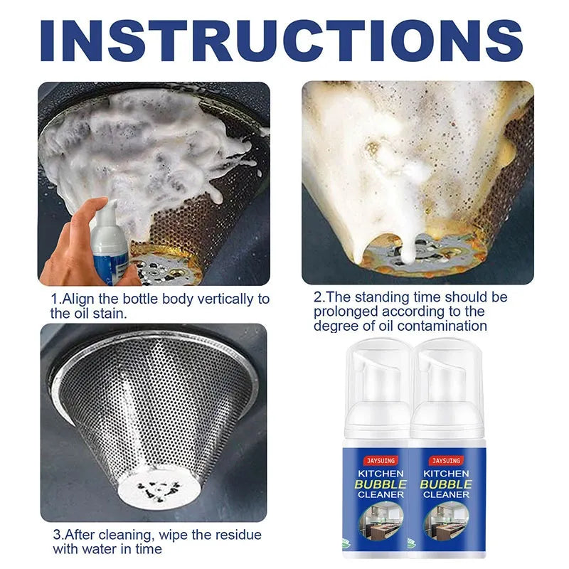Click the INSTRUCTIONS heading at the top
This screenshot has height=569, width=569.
click(x=281, y=41)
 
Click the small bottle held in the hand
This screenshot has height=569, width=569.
click(x=109, y=243)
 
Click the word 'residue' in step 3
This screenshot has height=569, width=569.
click(x=238, y=535)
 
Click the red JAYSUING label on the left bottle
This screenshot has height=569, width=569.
click(x=381, y=460)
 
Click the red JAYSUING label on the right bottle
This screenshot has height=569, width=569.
click(x=446, y=460)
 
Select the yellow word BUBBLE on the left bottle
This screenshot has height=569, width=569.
click(x=381, y=484)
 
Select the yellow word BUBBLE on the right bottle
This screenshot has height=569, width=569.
click(x=446, y=484)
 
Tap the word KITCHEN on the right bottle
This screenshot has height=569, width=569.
click(x=446, y=474)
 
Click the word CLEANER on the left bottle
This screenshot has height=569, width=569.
click(x=381, y=494)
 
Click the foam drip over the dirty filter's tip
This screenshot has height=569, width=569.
click(x=410, y=244)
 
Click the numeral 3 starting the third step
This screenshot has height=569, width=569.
click(x=57, y=535)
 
